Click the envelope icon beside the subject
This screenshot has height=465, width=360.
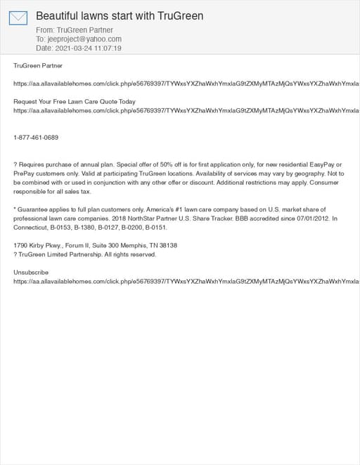(18, 18)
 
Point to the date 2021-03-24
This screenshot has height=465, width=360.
(72, 48)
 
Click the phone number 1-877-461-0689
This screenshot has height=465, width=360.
(36, 138)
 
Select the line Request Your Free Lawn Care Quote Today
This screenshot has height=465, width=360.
(75, 102)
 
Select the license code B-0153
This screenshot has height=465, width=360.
(67, 228)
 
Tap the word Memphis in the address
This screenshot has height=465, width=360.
(128, 245)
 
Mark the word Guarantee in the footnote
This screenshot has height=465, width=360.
(35, 209)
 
